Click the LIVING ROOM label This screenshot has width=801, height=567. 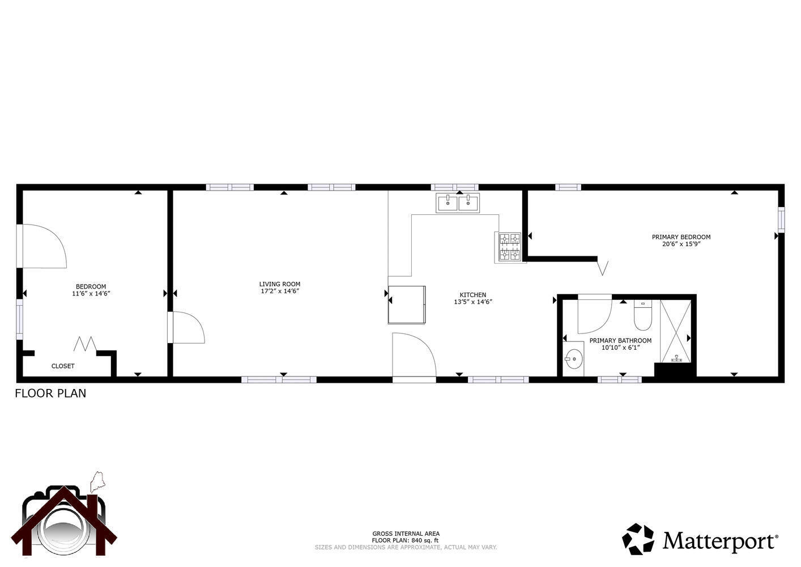click(279, 284)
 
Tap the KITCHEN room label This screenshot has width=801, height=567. click(472, 295)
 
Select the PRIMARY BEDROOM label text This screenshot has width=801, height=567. click(681, 237)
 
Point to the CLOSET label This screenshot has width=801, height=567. click(63, 366)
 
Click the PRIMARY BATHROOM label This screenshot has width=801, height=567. click(620, 341)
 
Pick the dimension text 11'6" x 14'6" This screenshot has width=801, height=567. click(91, 294)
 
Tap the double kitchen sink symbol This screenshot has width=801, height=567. click(458, 202)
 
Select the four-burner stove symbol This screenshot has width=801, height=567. click(509, 247)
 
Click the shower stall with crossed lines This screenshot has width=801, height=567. click(676, 331)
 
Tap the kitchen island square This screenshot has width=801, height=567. click(407, 304)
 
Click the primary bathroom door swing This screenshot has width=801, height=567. click(594, 315)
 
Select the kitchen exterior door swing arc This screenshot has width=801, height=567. click(414, 354)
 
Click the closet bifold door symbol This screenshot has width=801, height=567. click(84, 344)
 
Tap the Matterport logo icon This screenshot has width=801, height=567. click(638, 539)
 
